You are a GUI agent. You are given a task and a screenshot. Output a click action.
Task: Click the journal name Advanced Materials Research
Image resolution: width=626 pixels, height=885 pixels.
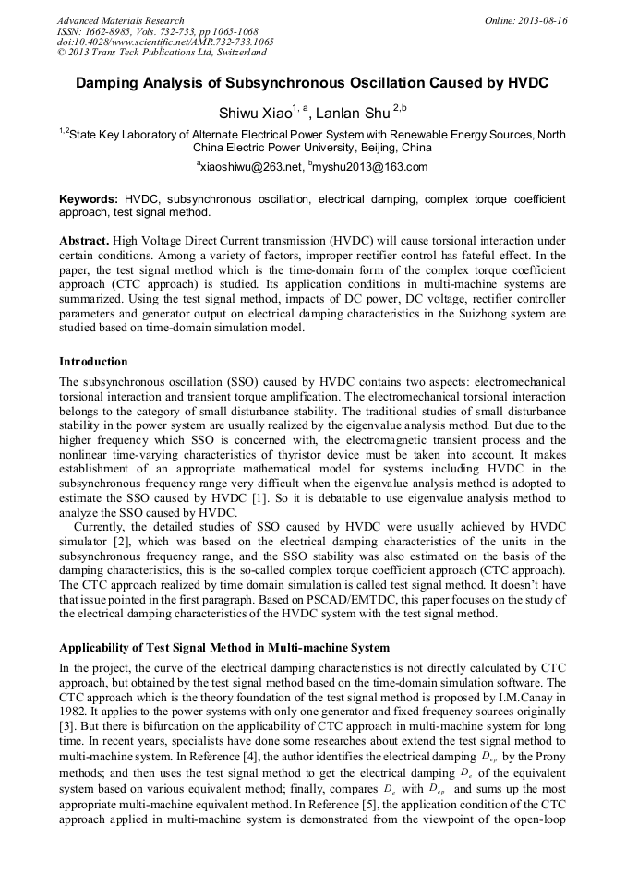(x=120, y=19)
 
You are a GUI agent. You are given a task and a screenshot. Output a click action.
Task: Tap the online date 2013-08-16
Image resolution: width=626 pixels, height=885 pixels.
(x=545, y=19)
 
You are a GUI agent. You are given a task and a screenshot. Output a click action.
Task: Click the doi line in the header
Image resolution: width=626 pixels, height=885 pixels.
(x=165, y=42)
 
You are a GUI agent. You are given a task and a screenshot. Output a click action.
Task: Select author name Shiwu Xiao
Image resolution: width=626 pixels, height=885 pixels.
(x=254, y=114)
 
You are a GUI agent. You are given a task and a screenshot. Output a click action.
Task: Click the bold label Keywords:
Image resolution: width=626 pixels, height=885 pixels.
(x=89, y=198)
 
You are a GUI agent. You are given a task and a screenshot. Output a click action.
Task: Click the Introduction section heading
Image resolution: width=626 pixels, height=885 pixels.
(x=93, y=361)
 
